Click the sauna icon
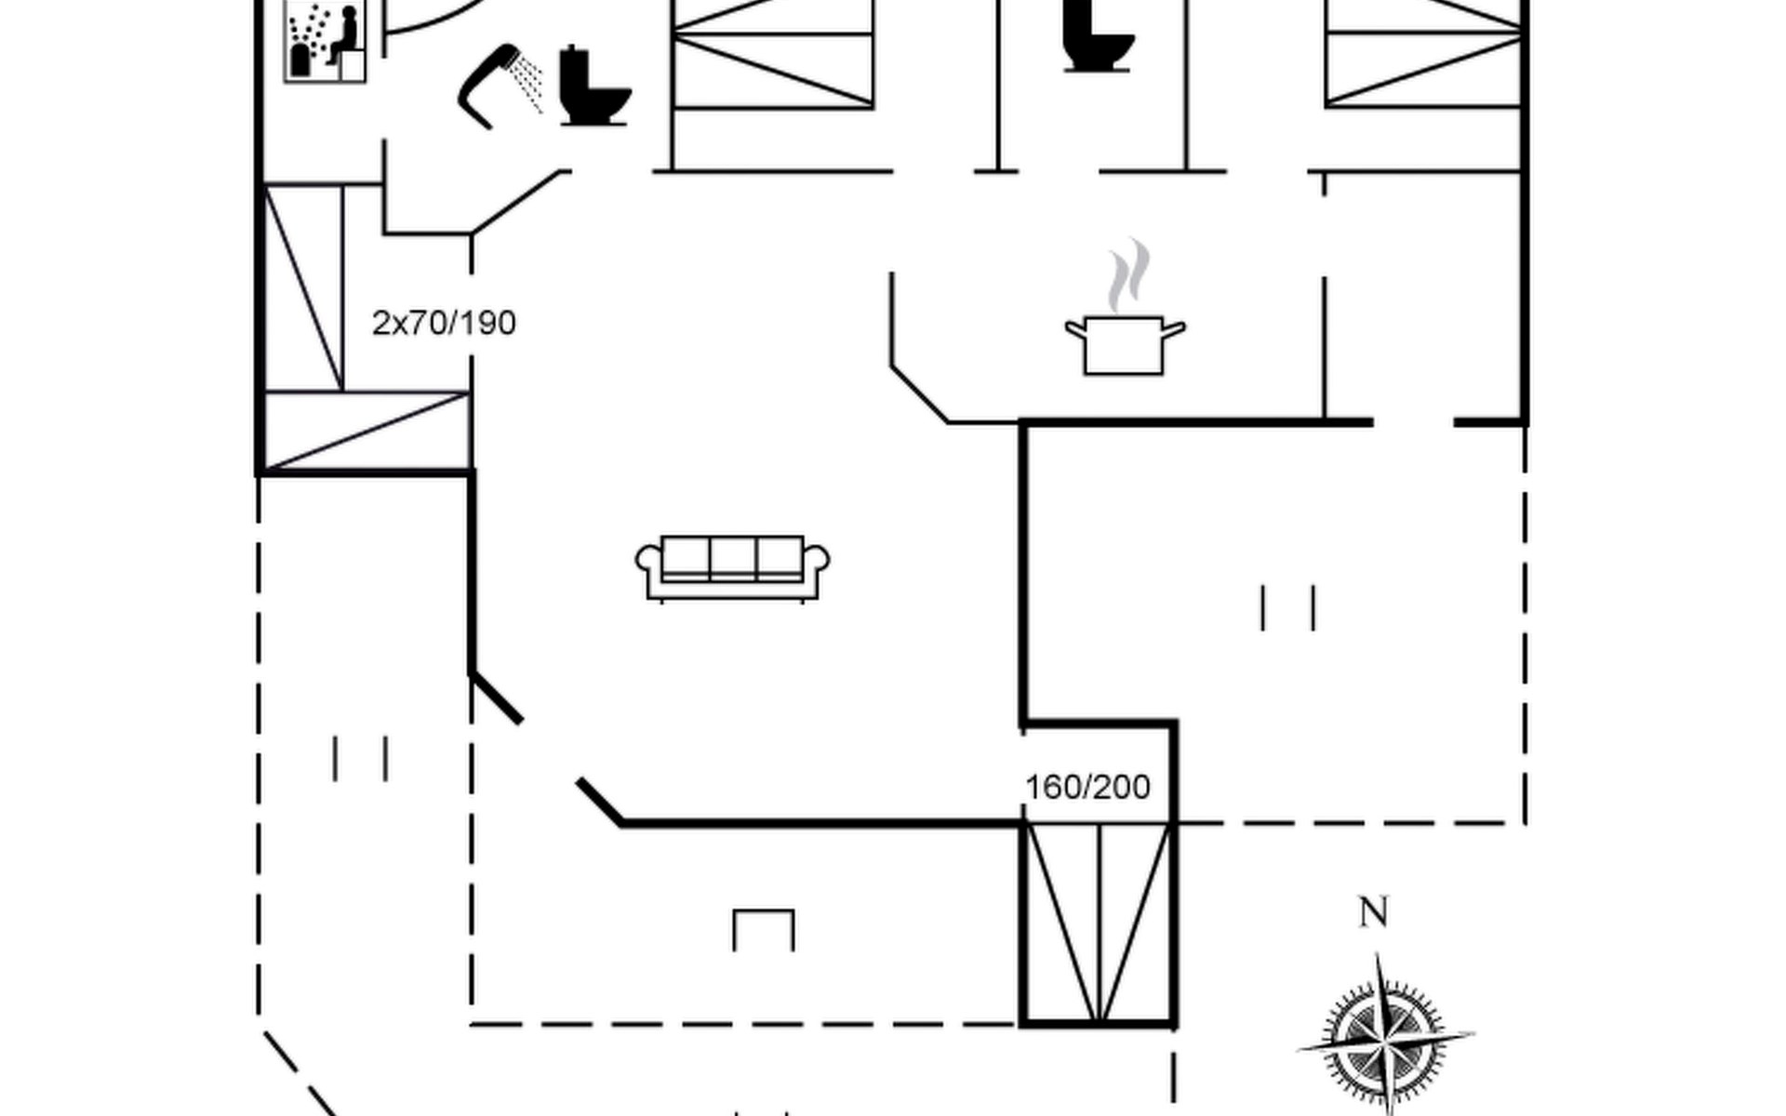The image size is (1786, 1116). tap(324, 41)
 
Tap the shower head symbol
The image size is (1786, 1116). tap(489, 84)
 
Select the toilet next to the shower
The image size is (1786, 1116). tap(593, 86)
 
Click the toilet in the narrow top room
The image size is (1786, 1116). tap(1097, 37)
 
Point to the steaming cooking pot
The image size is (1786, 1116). tap(1124, 344)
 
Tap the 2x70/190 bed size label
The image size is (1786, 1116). tap(444, 324)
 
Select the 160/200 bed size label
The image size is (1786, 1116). tap(1087, 788)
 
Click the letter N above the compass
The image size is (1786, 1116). tap(1373, 912)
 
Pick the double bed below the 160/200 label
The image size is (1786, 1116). tap(1099, 923)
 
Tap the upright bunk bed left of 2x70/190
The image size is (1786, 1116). tap(304, 287)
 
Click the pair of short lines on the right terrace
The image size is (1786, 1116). tap(1287, 607)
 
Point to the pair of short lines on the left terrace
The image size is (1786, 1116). tap(360, 758)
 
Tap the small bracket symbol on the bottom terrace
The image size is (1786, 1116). tap(764, 928)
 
